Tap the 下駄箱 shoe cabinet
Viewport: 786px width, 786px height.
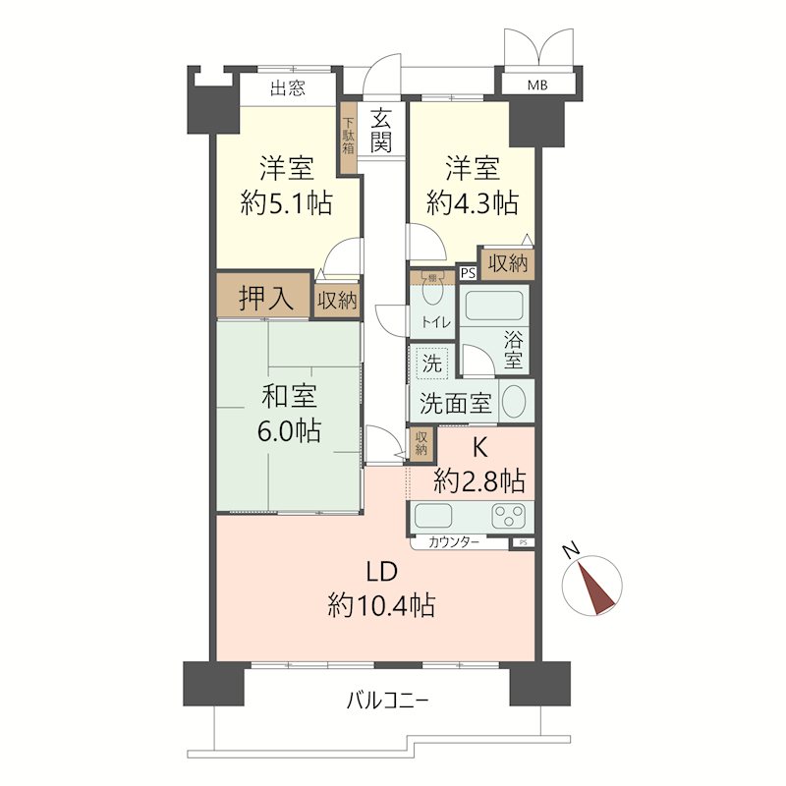(x=348, y=138)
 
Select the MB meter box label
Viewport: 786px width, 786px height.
(x=537, y=85)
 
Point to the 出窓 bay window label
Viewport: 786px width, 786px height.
(x=287, y=89)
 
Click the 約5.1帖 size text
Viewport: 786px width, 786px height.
(x=286, y=203)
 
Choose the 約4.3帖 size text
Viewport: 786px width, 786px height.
(x=473, y=203)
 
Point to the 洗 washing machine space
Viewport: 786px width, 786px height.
(x=432, y=363)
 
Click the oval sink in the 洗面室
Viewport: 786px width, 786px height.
(x=514, y=401)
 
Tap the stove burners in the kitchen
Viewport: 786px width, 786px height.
(x=511, y=515)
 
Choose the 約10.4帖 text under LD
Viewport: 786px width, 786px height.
(x=382, y=605)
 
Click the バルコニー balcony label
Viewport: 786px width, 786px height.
(x=386, y=702)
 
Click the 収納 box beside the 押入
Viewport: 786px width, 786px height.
(x=337, y=300)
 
